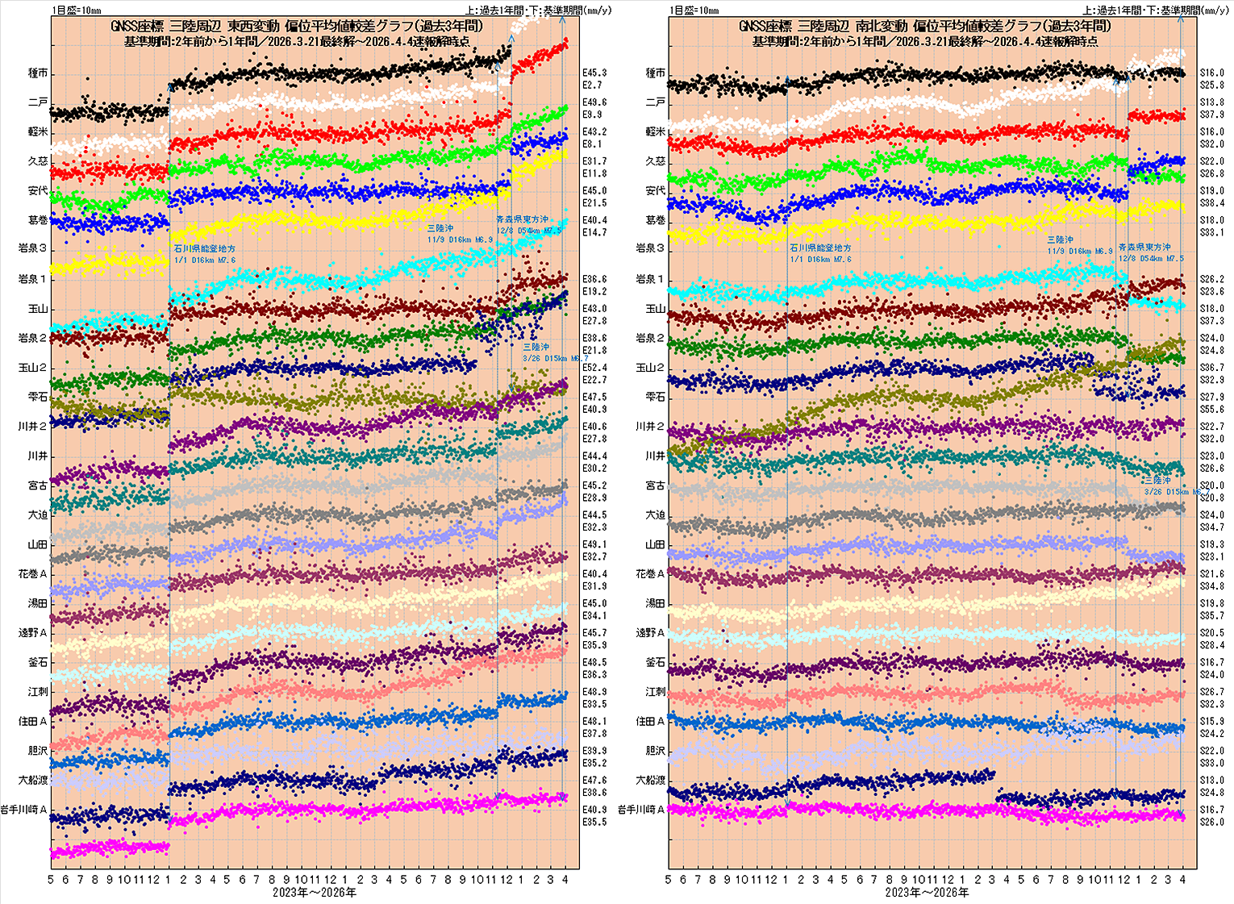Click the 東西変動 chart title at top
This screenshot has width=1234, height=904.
[x=297, y=27]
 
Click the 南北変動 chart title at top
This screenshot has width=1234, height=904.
[x=924, y=27]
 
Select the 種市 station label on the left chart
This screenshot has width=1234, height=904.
[x=38, y=73]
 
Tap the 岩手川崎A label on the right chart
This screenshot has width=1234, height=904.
[x=642, y=810]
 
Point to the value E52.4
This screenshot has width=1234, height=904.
[x=594, y=368]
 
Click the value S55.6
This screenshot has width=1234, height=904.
[x=1211, y=410]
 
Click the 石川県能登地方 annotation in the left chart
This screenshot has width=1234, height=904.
[x=205, y=249]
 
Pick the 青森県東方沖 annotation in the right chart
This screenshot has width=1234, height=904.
[x=1144, y=248]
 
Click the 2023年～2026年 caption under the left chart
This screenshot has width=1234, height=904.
[x=315, y=893]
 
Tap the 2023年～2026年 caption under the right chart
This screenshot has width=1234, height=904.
[x=927, y=893]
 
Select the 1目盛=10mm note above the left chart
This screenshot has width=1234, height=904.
[x=77, y=10]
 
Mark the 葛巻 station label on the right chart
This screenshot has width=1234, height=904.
[x=655, y=220]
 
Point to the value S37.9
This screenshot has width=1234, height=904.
[x=1211, y=115]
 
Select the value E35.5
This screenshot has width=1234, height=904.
[x=594, y=823]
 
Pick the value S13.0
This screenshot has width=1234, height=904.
[x=1211, y=781]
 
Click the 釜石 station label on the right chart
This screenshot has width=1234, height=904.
[x=655, y=663]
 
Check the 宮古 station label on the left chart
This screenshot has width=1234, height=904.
[x=38, y=485]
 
